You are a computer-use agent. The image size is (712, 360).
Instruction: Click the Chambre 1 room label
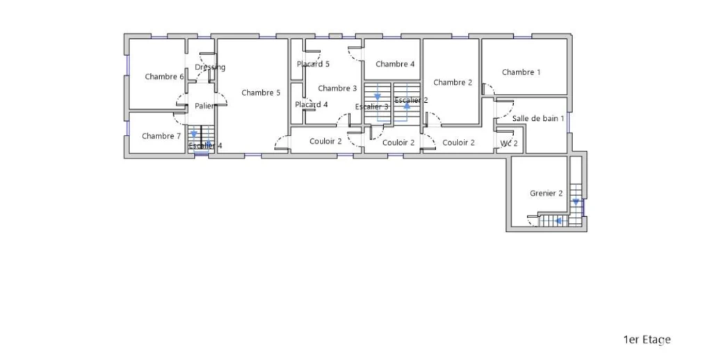[x=521, y=72]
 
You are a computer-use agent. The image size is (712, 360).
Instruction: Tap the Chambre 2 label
[x=453, y=82]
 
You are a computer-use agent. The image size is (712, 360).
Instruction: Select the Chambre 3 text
[x=337, y=88]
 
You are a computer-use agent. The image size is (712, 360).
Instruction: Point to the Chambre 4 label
[x=395, y=64]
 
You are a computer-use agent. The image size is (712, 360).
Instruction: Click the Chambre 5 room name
[x=261, y=92]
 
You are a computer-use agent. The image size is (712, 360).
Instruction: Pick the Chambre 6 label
[x=164, y=76]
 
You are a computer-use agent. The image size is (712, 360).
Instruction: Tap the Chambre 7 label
[x=161, y=136]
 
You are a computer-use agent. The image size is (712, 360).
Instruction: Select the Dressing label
[x=210, y=67]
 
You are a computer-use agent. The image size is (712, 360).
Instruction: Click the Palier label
[x=204, y=106]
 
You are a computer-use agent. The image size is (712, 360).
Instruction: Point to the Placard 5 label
[x=313, y=64]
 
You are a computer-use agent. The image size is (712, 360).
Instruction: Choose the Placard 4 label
[x=311, y=104]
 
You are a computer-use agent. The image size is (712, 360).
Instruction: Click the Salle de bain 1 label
[x=538, y=118]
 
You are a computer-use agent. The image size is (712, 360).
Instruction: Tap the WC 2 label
[x=508, y=143]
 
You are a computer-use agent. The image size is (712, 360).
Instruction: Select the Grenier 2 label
[x=547, y=193]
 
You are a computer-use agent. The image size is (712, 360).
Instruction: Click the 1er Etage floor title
[x=647, y=340]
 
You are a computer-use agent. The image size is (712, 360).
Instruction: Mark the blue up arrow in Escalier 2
[x=407, y=106]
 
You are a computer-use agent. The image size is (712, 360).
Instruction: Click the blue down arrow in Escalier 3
[x=378, y=97]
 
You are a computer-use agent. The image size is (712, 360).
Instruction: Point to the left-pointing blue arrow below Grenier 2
[x=559, y=220]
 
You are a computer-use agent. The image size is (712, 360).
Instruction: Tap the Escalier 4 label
[x=205, y=146]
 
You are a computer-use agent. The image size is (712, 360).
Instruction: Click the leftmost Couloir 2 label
[x=325, y=141]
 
